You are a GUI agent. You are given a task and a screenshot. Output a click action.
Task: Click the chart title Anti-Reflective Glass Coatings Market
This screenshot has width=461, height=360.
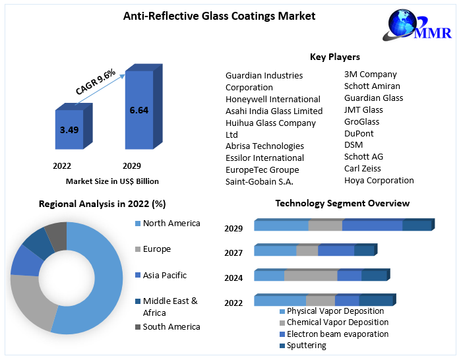click(219, 16)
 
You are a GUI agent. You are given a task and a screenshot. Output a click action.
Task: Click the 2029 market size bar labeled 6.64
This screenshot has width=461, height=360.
click(139, 109)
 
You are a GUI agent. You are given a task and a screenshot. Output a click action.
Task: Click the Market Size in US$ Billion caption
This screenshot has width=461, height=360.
click(112, 181)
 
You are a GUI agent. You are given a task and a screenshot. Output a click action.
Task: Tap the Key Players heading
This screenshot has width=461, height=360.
click(334, 57)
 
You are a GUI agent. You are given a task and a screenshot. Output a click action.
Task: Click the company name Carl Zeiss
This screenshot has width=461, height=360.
click(362, 169)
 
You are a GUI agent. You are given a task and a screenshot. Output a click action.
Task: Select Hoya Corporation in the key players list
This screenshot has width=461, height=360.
click(379, 181)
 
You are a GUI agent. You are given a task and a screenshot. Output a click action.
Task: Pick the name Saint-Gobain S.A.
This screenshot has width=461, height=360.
click(259, 181)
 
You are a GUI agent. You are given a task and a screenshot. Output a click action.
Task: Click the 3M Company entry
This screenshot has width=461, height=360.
click(370, 75)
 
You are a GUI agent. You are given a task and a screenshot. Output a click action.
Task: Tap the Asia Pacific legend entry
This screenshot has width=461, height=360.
click(164, 275)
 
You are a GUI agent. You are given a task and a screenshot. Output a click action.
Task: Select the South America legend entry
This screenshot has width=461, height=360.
click(171, 326)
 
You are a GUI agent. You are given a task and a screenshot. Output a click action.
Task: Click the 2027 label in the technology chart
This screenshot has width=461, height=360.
click(233, 253)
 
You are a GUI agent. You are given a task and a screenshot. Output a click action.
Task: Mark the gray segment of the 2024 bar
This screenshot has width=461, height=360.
click(311, 276)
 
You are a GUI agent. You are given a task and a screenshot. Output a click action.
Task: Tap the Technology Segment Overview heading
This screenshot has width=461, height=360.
click(342, 203)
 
